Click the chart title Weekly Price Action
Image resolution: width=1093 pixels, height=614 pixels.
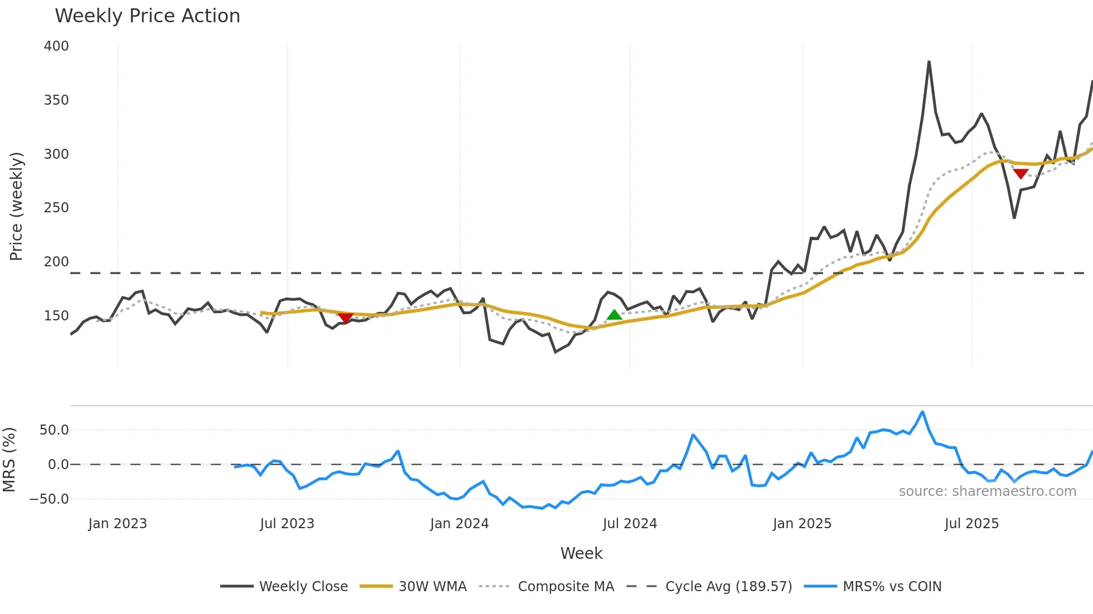(x=147, y=16)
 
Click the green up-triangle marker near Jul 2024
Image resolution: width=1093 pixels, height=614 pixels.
(x=614, y=315)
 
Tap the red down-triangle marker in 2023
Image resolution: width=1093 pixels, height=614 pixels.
(x=346, y=318)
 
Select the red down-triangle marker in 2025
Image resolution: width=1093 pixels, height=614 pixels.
(x=1021, y=174)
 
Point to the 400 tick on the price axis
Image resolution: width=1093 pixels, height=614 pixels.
(x=56, y=46)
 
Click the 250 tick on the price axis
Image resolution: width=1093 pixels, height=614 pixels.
(x=56, y=208)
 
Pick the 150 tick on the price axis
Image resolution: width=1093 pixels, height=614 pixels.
(x=56, y=316)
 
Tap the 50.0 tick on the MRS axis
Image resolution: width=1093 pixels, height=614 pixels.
(x=54, y=430)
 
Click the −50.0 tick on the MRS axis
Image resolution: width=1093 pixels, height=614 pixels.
(x=49, y=499)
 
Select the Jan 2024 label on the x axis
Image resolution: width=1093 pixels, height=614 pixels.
(x=459, y=524)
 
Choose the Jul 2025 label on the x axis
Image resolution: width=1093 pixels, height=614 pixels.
(x=971, y=524)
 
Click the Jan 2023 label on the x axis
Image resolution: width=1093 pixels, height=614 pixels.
(x=117, y=524)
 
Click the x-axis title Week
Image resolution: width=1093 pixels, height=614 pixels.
(x=581, y=553)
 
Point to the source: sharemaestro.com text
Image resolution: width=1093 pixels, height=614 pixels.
(x=987, y=491)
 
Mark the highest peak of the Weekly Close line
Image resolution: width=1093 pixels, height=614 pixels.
(x=929, y=62)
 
